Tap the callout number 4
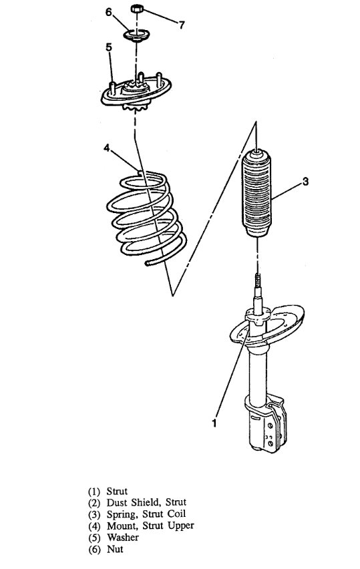[106, 149]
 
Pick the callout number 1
[214, 422]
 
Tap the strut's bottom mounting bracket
[266, 427]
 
